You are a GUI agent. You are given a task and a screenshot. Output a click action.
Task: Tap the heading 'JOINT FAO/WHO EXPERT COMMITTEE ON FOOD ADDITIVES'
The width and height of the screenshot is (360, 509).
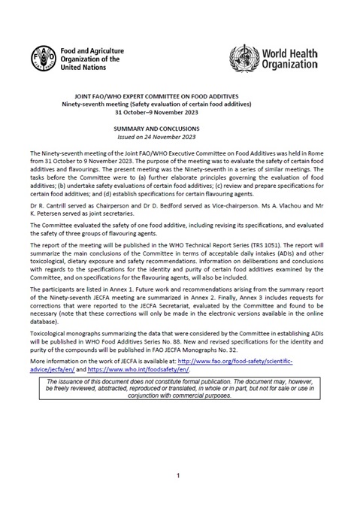tap(180, 97)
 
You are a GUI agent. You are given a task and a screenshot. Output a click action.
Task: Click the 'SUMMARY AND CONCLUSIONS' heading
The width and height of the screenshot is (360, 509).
tap(180, 129)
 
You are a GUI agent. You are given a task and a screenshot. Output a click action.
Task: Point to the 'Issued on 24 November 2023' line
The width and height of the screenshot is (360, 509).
tap(180, 137)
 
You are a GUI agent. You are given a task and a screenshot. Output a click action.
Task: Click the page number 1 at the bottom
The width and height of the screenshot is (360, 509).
tap(179, 476)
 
